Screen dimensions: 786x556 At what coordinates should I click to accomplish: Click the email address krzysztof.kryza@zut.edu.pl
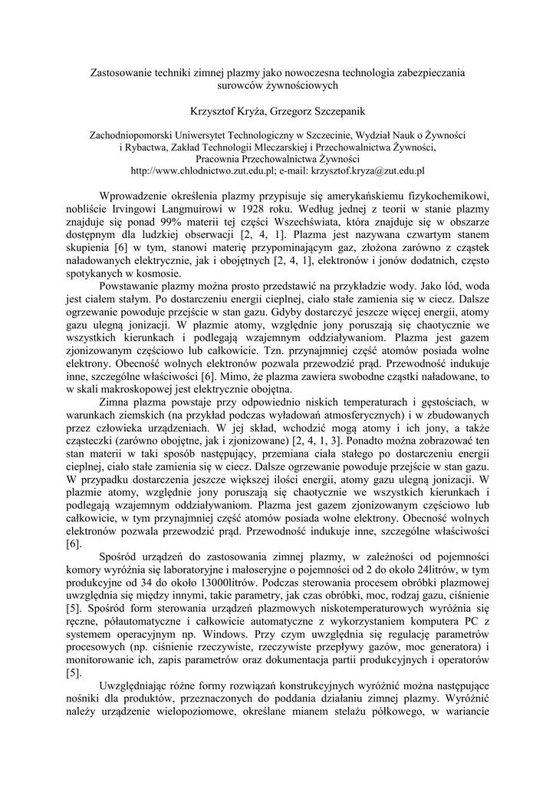click(x=365, y=170)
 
